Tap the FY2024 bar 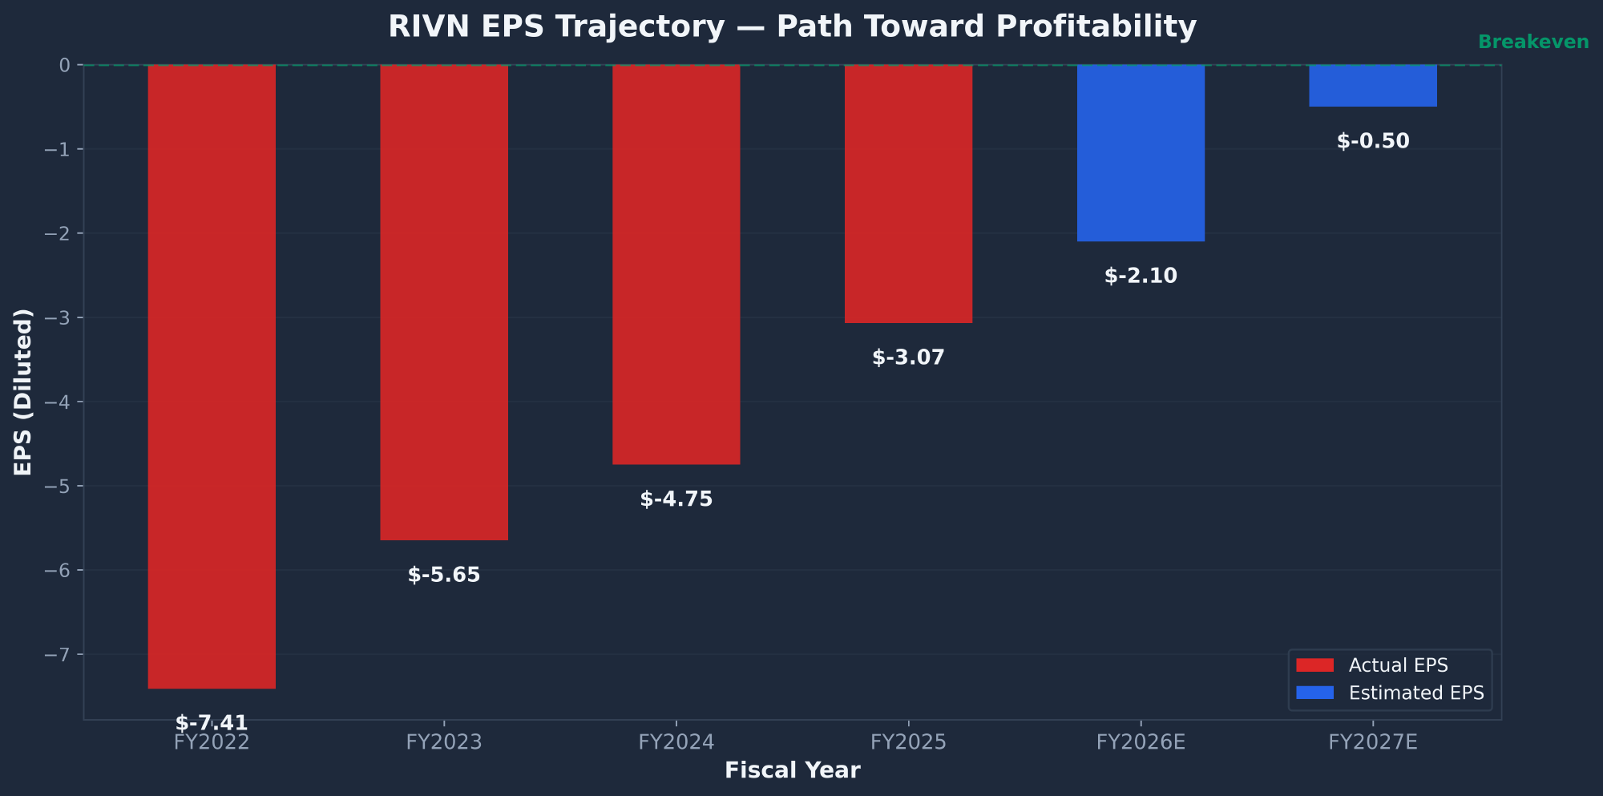(x=676, y=265)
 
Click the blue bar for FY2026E (x=1141, y=153)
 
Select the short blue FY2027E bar (x=1372, y=86)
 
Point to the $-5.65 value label (x=443, y=575)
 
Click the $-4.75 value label (x=676, y=499)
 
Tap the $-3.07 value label (x=908, y=358)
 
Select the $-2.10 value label (x=1141, y=276)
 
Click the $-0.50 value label (x=1372, y=141)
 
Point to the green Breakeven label (x=1532, y=42)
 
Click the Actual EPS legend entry (x=1397, y=665)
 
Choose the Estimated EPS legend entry (x=1415, y=693)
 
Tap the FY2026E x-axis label (x=1141, y=742)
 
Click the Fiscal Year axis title (x=792, y=770)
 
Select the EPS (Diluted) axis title (x=23, y=391)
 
